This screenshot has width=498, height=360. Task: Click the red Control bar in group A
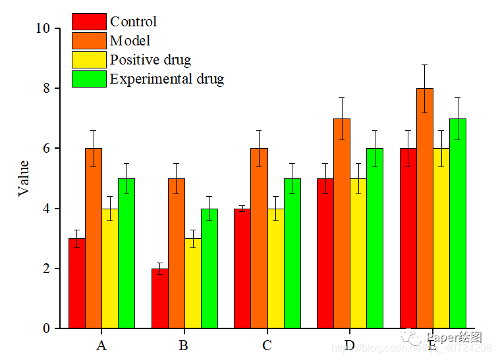click(x=77, y=283)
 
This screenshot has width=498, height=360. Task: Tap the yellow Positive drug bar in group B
click(x=193, y=283)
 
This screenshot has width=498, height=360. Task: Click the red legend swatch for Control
click(x=89, y=22)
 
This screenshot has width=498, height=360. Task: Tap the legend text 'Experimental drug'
click(x=167, y=79)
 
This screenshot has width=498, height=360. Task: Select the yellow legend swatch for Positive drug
click(x=89, y=60)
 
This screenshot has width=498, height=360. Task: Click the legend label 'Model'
click(x=130, y=41)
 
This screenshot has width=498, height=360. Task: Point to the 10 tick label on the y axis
click(x=43, y=28)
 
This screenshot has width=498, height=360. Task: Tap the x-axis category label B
click(x=184, y=346)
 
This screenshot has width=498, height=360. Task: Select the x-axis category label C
click(x=267, y=346)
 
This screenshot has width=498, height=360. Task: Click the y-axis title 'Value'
click(x=24, y=178)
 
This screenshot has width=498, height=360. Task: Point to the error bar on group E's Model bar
click(x=425, y=88)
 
